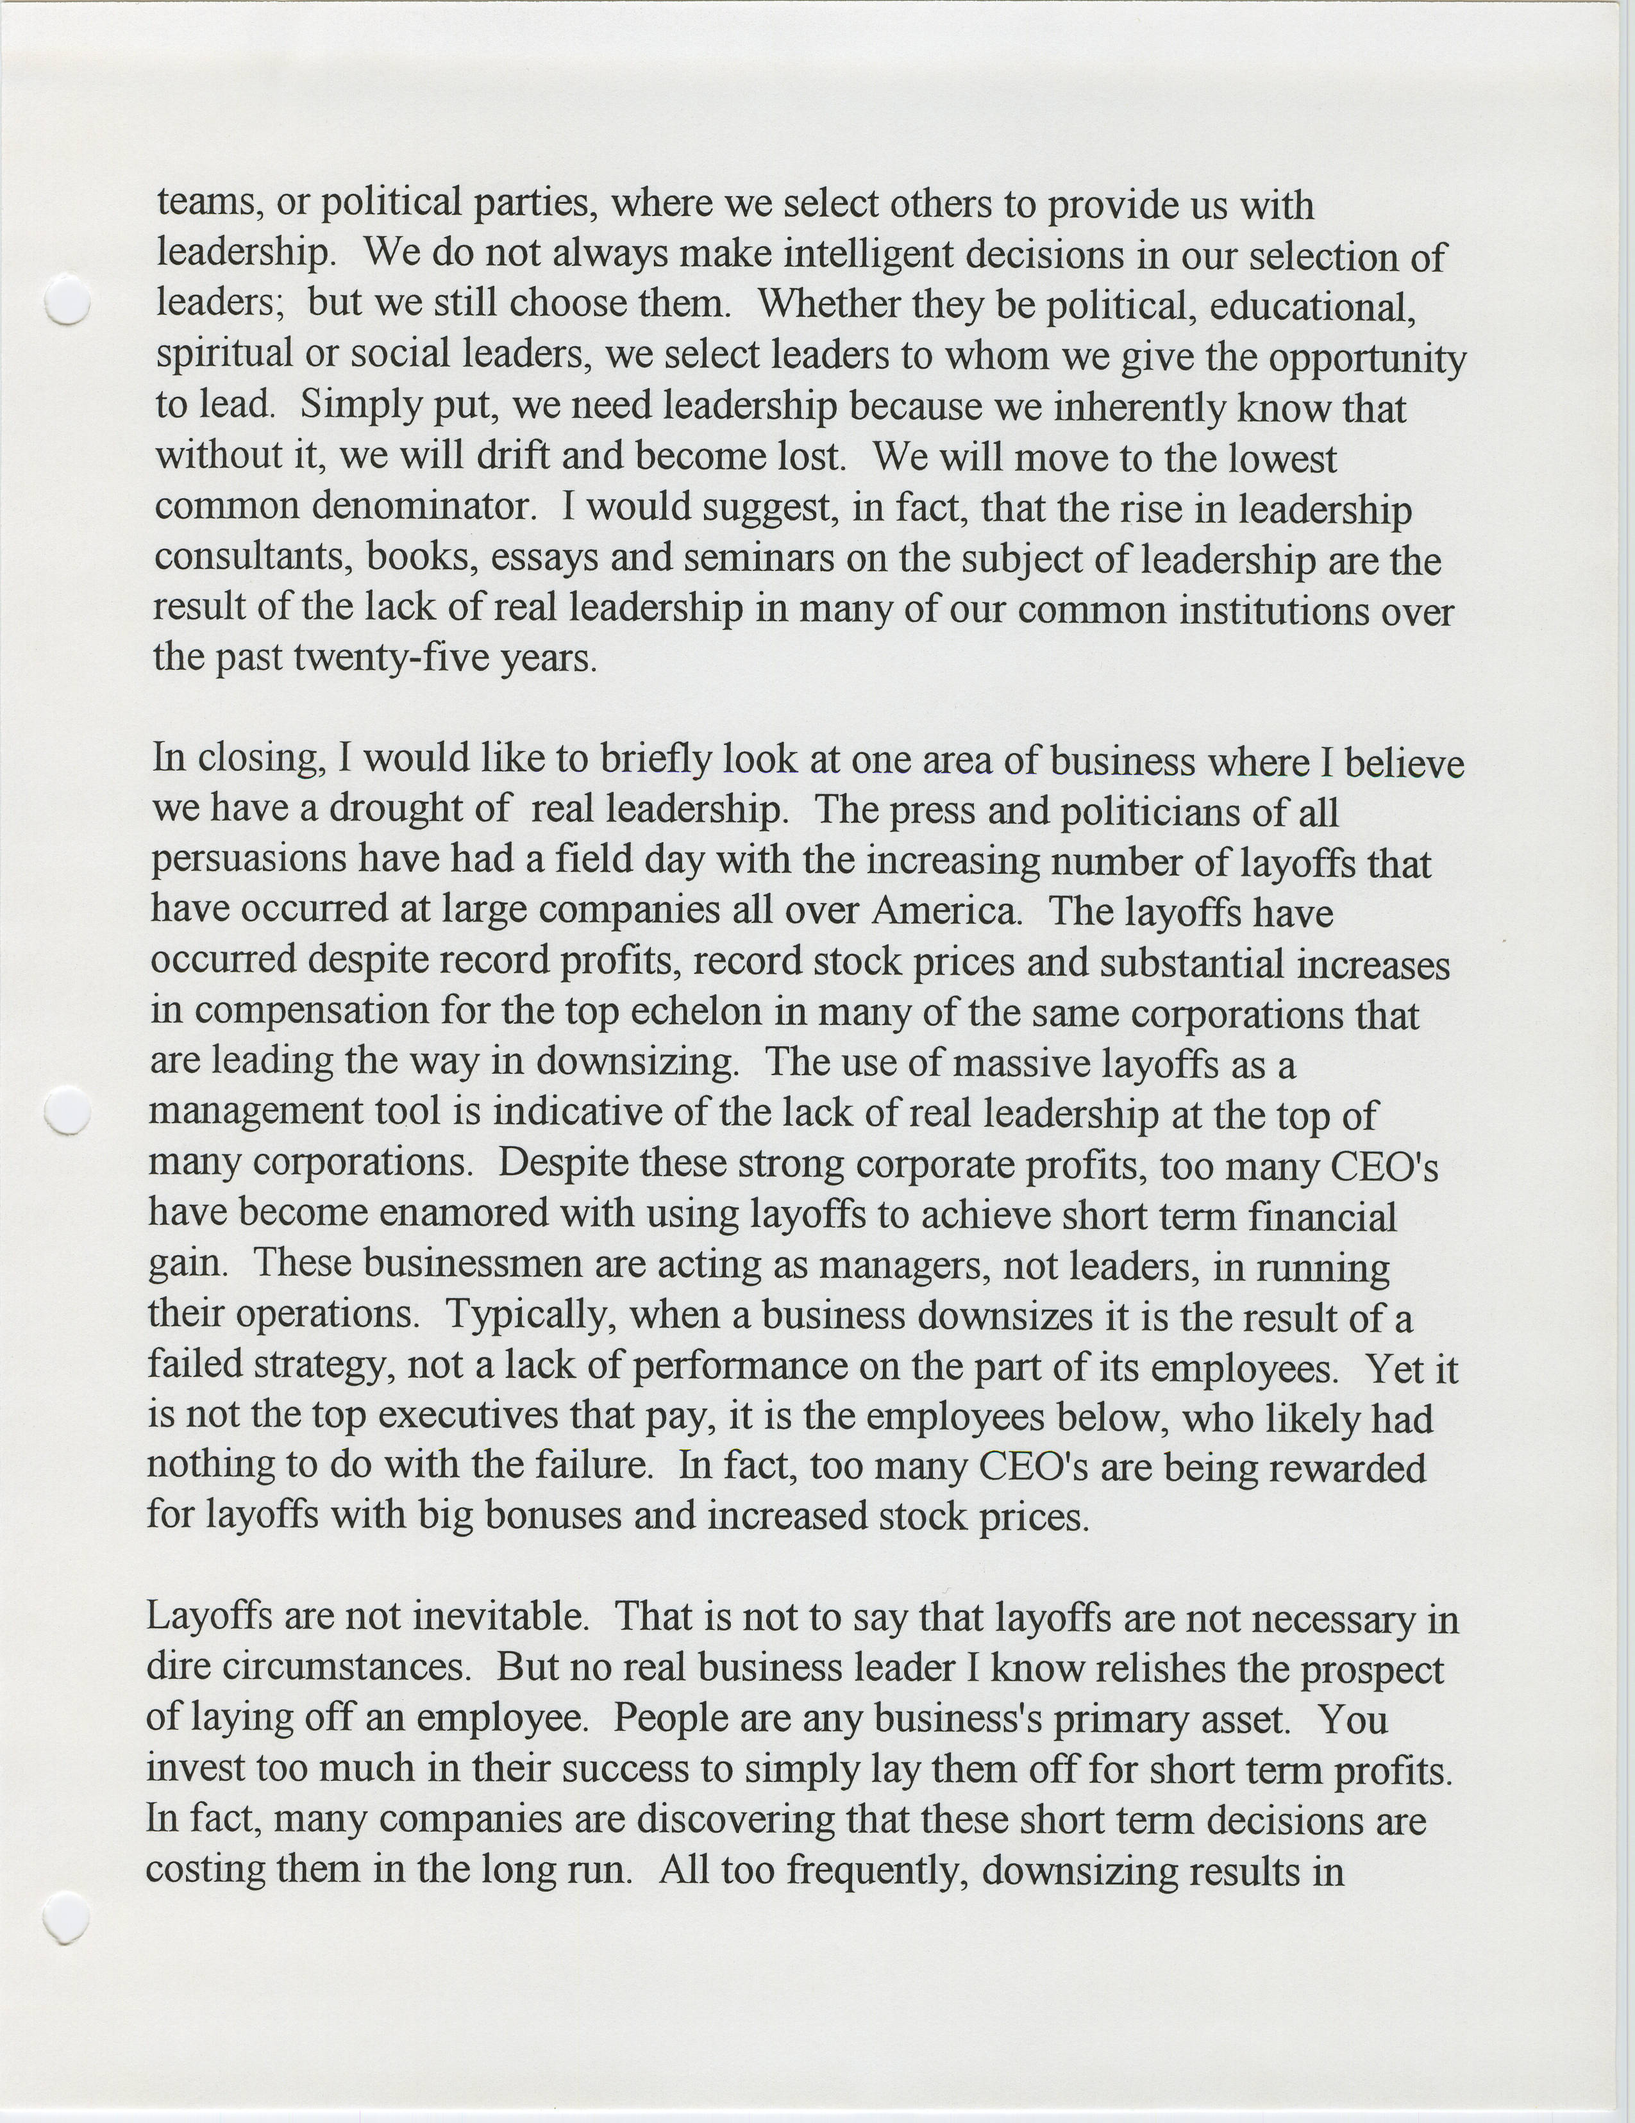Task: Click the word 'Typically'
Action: (531, 1315)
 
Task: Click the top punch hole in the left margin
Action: (67, 301)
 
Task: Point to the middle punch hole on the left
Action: (68, 1110)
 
